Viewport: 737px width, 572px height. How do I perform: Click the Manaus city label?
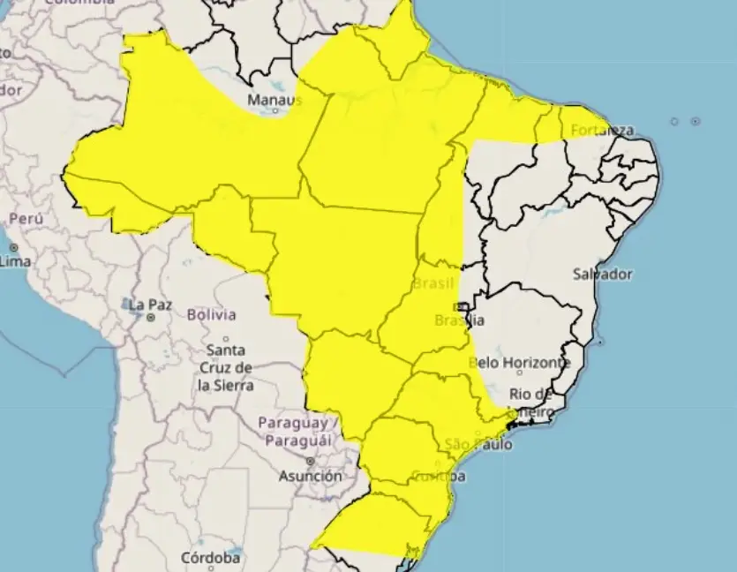[274, 100]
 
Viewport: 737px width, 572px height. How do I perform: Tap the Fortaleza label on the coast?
[603, 131]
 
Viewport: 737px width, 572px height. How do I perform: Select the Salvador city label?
[602, 274]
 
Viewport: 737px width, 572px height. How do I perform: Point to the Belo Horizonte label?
[519, 362]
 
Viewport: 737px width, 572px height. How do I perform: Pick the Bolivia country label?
[211, 314]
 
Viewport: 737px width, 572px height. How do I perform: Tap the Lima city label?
[16, 261]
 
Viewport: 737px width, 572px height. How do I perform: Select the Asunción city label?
[310, 476]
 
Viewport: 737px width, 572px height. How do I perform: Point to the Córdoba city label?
[210, 558]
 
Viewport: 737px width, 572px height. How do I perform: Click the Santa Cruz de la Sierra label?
[226, 367]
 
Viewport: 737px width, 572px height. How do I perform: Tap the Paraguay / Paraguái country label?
[295, 431]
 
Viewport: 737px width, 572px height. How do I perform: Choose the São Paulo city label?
[478, 444]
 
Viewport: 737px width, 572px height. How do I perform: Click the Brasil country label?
[433, 284]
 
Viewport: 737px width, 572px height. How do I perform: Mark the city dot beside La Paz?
[151, 316]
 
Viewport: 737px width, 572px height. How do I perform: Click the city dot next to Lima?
[13, 248]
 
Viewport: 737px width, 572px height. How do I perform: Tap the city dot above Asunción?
[310, 461]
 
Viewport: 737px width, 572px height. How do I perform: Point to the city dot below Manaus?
[275, 111]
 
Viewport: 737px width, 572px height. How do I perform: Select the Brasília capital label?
[459, 320]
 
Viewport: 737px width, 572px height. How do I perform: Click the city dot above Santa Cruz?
[226, 338]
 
